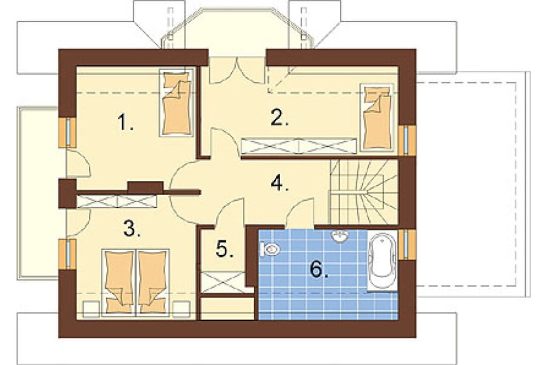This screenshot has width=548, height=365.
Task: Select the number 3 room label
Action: [132, 229]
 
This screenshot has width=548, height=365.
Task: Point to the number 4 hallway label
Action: [279, 183]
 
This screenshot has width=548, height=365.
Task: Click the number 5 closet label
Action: [224, 249]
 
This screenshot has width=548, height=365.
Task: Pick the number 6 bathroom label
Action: [319, 269]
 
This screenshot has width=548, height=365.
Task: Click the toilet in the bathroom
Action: [270, 249]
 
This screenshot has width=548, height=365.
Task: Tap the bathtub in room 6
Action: [383, 260]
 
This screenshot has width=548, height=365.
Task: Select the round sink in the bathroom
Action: [339, 236]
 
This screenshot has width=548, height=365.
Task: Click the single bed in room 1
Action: [176, 102]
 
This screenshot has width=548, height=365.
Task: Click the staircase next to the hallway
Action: [364, 192]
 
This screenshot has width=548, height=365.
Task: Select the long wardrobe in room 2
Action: [299, 146]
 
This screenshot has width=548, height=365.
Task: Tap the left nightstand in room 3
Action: [91, 309]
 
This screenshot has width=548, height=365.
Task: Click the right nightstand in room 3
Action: [181, 309]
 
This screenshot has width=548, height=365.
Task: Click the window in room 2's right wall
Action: [406, 140]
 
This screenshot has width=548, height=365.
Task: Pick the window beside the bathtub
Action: [406, 244]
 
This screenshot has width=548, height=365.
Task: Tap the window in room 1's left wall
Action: [68, 133]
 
